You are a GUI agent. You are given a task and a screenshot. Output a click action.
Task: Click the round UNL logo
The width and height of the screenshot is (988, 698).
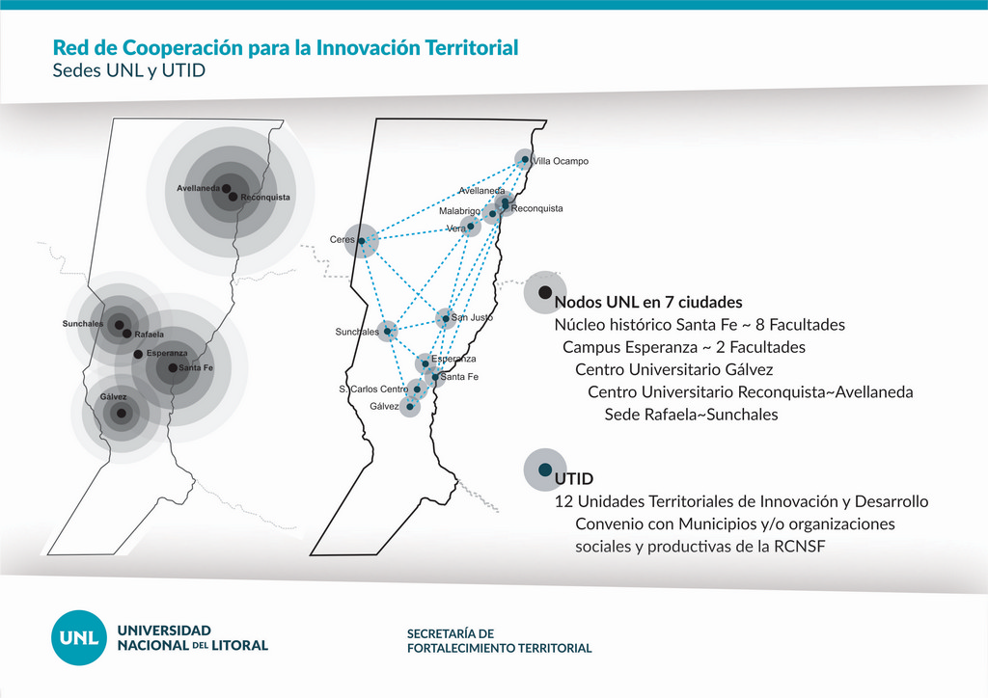pos(79,637)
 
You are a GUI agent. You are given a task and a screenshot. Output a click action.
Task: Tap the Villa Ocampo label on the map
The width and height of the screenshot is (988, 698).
pos(561,161)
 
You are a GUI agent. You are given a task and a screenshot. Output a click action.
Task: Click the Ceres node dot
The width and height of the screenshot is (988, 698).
pos(361,241)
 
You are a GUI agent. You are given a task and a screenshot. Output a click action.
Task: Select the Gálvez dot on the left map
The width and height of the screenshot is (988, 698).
pos(121,414)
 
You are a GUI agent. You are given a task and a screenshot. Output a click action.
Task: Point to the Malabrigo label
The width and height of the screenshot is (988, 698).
pos(459,211)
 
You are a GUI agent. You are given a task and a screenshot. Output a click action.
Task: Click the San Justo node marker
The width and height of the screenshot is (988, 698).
pos(446,318)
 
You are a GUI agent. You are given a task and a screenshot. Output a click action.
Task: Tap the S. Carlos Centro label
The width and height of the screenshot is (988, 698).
pos(373,389)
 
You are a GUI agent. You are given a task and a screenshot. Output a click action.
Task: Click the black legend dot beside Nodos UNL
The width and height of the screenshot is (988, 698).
pos(546,292)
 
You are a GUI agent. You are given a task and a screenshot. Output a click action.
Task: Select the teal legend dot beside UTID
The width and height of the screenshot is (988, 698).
pos(546,470)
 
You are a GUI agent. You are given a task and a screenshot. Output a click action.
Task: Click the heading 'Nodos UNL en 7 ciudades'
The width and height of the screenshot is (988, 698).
pos(648,302)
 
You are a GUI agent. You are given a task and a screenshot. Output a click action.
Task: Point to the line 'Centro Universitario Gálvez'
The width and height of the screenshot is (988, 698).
pos(674,369)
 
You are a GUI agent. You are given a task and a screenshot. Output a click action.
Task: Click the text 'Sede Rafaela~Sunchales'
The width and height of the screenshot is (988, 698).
pos(691,415)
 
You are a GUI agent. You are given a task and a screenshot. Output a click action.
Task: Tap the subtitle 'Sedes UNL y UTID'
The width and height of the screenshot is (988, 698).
pos(129,70)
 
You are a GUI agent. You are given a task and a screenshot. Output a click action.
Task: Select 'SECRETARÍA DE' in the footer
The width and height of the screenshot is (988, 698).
pos(451,633)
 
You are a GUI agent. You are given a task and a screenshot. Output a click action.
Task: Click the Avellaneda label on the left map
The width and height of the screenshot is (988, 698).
pos(199,188)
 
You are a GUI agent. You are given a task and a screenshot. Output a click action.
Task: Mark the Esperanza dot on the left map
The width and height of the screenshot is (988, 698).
pos(138,355)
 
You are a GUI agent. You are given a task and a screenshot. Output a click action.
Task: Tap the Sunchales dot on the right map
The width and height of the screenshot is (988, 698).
pos(388,331)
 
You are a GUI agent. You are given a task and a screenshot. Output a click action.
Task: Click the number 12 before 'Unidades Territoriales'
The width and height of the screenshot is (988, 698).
pos(563,501)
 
